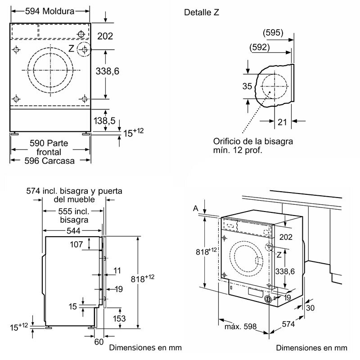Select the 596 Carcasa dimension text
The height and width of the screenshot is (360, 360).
click(50, 161)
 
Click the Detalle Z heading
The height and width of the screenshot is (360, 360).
click(202, 12)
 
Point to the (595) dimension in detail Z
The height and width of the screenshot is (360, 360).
click(273, 32)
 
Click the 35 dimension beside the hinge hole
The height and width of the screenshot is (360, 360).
click(247, 86)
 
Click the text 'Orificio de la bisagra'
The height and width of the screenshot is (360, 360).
click(253, 141)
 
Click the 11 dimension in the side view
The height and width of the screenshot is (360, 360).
click(118, 271)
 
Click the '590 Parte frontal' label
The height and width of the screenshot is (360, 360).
click(49, 148)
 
